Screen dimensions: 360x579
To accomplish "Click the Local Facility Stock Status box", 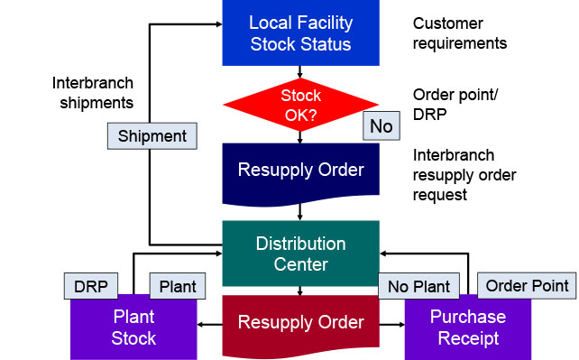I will [x=300, y=32].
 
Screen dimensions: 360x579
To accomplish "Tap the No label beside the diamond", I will [x=381, y=126].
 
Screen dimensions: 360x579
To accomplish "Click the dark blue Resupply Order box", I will [x=300, y=170].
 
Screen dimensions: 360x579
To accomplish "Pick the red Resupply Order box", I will [x=300, y=322].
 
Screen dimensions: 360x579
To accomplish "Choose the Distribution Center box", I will [x=300, y=254].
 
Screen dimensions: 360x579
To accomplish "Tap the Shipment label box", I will [x=152, y=136].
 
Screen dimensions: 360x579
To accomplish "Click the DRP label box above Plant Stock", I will [x=91, y=287].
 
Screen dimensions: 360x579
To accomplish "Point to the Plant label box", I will [x=178, y=287].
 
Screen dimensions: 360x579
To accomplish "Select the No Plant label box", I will [x=419, y=287].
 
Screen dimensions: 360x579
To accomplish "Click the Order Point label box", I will [x=527, y=286].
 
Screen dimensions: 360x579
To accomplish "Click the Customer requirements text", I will [x=459, y=33].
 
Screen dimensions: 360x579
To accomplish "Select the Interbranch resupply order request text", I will [x=465, y=174].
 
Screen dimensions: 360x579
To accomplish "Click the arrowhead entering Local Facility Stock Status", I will [x=216, y=24].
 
